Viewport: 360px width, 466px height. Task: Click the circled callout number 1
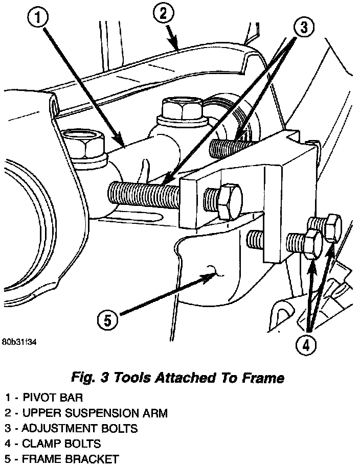pos(39,19)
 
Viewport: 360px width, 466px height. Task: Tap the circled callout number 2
pos(163,14)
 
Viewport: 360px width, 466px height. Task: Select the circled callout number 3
pos(303,28)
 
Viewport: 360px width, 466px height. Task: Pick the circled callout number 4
pos(305,345)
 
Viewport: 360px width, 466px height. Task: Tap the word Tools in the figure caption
pos(133,379)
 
